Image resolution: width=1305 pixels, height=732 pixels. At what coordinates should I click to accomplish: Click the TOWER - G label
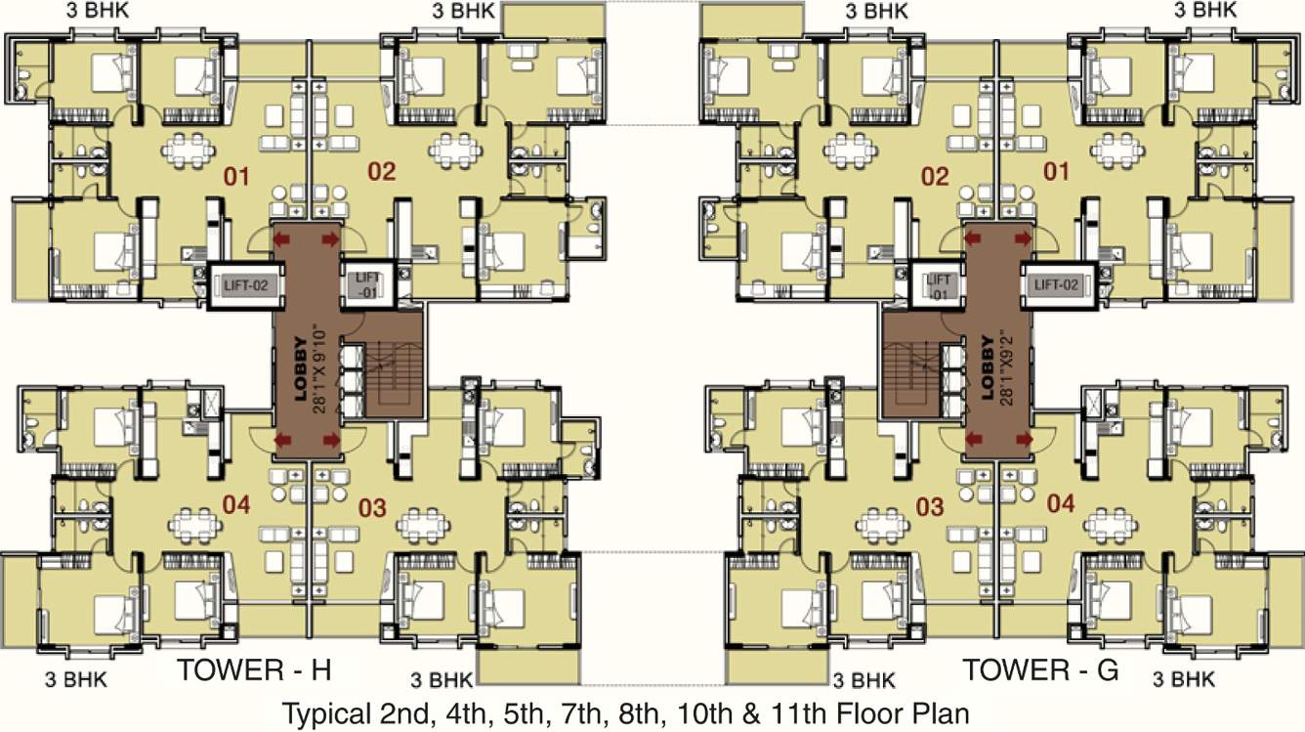click(1040, 669)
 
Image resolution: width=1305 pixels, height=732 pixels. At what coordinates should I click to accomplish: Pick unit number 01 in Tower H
click(237, 177)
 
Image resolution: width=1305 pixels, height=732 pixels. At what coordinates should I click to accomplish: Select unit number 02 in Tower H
click(381, 173)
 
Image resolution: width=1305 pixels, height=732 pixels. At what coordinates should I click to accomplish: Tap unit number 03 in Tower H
click(372, 508)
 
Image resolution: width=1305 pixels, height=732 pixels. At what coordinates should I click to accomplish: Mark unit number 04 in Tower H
click(236, 504)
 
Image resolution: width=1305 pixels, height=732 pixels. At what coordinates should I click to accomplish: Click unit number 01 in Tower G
click(1057, 173)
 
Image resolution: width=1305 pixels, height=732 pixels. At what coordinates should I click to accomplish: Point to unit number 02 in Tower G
click(935, 177)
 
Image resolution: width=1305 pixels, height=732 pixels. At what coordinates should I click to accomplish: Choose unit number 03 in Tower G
click(930, 506)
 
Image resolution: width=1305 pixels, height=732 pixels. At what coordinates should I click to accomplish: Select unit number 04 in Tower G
click(1061, 504)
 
